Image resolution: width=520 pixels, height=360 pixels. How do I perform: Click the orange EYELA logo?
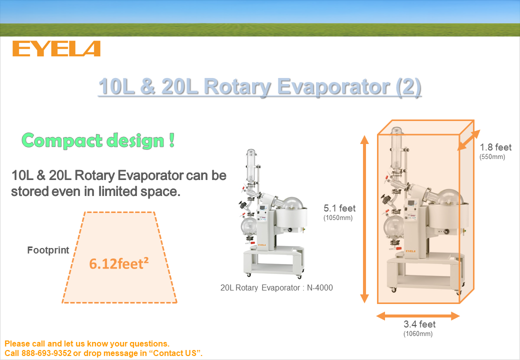tap(56, 48)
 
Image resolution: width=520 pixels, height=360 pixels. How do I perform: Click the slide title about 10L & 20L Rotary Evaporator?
tap(259, 86)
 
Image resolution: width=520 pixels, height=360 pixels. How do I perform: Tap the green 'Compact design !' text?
tap(98, 140)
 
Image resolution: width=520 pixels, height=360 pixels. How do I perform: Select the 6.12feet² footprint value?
tap(118, 263)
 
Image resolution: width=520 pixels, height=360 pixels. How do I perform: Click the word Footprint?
tap(48, 250)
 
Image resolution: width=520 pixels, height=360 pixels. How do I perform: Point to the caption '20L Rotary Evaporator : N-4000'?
tap(276, 287)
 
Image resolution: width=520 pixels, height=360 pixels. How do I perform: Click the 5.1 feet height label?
tap(339, 208)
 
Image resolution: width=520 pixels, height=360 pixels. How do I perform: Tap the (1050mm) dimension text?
tap(338, 218)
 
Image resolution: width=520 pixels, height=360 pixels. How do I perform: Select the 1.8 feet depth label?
tap(495, 147)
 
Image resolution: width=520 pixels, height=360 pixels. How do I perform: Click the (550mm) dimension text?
tap(492, 157)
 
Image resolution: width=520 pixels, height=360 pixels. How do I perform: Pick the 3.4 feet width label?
tap(419, 324)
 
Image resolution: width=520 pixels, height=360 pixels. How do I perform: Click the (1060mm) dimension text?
tap(418, 334)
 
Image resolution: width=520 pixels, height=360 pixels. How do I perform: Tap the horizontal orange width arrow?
tap(418, 316)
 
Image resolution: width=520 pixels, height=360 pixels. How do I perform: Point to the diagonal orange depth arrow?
tap(468, 140)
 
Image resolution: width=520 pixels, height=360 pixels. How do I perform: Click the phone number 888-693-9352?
tap(46, 353)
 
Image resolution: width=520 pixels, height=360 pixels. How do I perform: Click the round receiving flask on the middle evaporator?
tap(248, 226)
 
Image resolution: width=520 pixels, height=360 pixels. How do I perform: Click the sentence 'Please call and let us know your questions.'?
tap(87, 344)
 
